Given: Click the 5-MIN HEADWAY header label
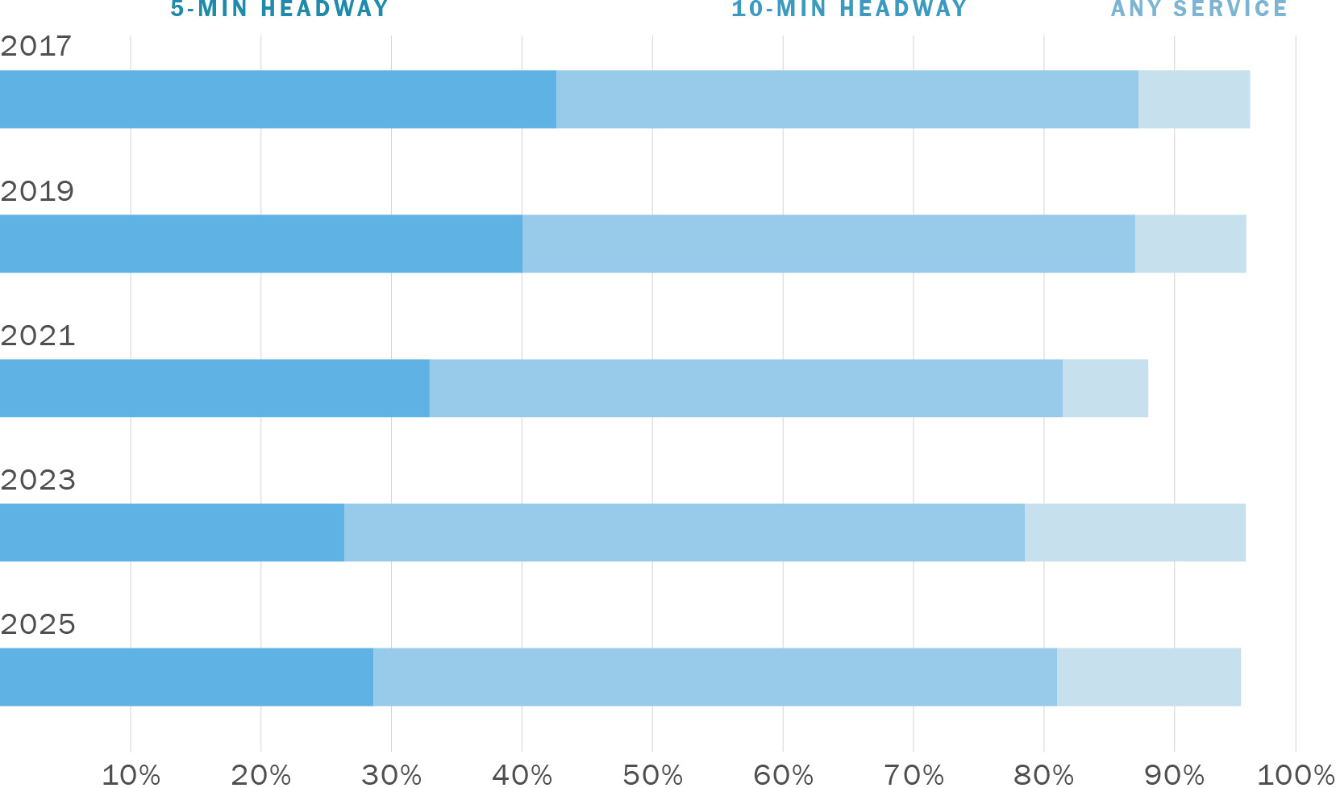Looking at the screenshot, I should point(280,9).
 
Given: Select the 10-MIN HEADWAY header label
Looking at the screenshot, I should point(849,9).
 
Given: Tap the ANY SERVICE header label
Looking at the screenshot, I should point(1199,9).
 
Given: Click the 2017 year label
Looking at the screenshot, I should point(36,47).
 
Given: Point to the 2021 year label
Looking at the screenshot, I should point(38,336).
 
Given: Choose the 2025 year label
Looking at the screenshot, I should point(38,624).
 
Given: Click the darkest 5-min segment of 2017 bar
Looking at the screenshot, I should point(278,99).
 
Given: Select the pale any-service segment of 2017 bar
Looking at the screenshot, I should point(1194,99).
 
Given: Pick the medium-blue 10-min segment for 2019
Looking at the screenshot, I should point(828,244).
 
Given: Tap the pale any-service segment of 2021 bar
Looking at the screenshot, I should point(1105,388).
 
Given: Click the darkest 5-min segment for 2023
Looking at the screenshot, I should point(172,532).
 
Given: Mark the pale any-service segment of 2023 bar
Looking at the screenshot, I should point(1134,532).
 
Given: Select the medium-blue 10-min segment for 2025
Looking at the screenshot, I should point(714,677).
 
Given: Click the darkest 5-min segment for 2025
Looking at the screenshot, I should point(186,677).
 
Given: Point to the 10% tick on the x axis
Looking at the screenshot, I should point(131,775).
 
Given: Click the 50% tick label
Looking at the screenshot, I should point(652,775).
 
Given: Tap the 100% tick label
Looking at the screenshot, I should point(1295,775).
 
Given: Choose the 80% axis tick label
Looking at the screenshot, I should point(1043,775).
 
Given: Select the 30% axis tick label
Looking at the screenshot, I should point(391,775).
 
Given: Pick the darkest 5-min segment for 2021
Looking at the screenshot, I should point(214,388).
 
